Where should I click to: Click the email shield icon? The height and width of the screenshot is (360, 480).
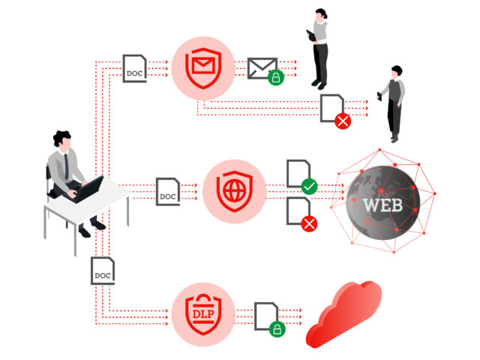pyautogui.click(x=203, y=68)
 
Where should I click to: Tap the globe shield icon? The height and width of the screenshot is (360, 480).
pyautogui.click(x=235, y=191)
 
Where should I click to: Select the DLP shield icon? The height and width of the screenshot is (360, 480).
pyautogui.click(x=203, y=314)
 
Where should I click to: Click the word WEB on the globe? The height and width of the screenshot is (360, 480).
pyautogui.click(x=382, y=205)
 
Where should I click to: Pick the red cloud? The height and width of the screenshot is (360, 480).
pyautogui.click(x=344, y=314)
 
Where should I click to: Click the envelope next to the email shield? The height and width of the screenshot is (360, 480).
pyautogui.click(x=262, y=68)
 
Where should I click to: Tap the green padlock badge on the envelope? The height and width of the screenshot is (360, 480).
pyautogui.click(x=276, y=77)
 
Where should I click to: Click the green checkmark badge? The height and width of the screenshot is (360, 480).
pyautogui.click(x=309, y=187)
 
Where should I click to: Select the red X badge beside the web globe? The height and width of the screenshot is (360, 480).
pyautogui.click(x=309, y=223)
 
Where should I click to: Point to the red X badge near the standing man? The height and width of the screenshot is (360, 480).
pyautogui.click(x=343, y=121)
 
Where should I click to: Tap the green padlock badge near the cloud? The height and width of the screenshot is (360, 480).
pyautogui.click(x=277, y=329)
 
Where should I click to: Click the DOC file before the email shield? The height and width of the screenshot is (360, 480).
pyautogui.click(x=135, y=68)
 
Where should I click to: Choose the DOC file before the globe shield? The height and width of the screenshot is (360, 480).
pyautogui.click(x=168, y=192)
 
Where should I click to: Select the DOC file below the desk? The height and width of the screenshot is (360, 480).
pyautogui.click(x=103, y=271)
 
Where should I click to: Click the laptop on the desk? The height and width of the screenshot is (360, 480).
pyautogui.click(x=86, y=190)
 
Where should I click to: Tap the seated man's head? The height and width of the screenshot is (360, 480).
pyautogui.click(x=62, y=141)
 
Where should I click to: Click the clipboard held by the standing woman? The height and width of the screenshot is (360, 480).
pyautogui.click(x=312, y=35)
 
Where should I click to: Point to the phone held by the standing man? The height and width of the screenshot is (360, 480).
pyautogui.click(x=379, y=97)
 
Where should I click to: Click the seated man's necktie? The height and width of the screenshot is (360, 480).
pyautogui.click(x=67, y=166)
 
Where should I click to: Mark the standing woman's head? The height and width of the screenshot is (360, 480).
pyautogui.click(x=321, y=15)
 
